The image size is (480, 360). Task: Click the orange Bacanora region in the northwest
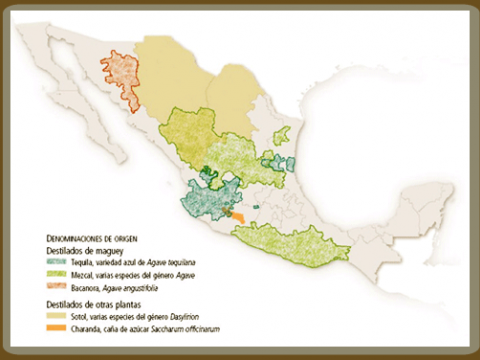tap(120, 78)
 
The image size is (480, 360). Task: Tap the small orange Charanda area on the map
tap(236, 214)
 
